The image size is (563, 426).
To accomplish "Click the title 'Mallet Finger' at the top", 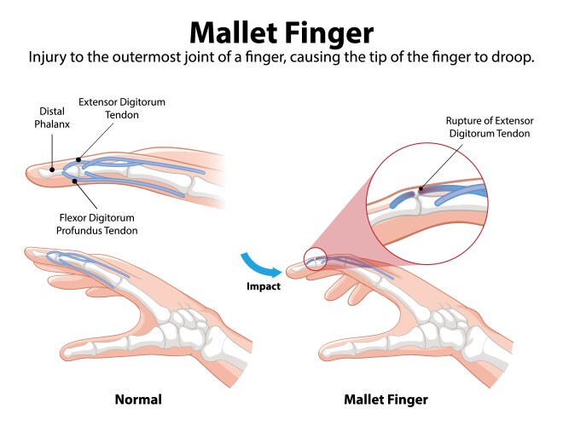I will pyautogui.click(x=281, y=32).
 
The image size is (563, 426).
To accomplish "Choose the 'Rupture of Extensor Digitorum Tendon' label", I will pyautogui.click(x=489, y=127).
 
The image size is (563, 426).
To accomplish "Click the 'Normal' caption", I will pyautogui.click(x=137, y=399).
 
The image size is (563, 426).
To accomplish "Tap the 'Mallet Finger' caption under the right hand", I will pyautogui.click(x=386, y=399).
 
